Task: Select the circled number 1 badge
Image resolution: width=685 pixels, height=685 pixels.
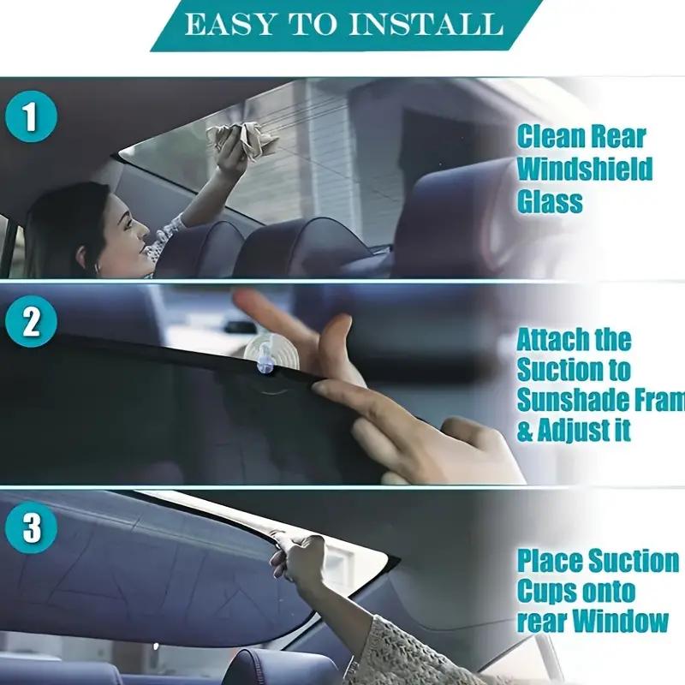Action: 31,118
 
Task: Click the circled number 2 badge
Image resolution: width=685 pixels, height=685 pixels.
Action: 31,323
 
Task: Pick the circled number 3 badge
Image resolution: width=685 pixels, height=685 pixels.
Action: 31,528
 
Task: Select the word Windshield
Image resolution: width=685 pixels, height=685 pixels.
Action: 584,169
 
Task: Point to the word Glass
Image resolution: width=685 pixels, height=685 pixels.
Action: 550,201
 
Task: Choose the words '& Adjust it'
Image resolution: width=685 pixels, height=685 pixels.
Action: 574,431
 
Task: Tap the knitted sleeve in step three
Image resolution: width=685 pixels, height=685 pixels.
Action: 402,655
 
